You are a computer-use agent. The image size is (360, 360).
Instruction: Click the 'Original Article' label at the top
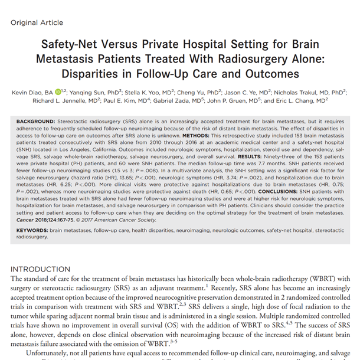(x=37, y=22)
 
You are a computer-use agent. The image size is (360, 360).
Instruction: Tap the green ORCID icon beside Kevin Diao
(x=58, y=92)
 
